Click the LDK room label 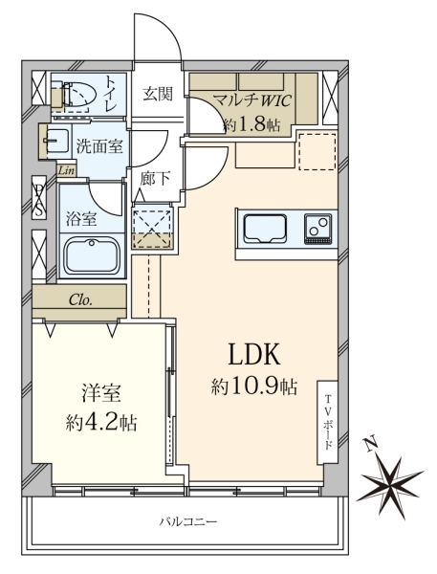[254, 354]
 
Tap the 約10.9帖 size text [253, 386]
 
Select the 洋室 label [101, 392]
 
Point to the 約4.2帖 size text [101, 423]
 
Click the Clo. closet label [80, 300]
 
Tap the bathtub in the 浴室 [93, 256]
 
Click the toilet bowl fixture [79, 95]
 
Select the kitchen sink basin [265, 229]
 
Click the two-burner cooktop [317, 229]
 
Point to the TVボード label [328, 422]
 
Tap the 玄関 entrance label [158, 94]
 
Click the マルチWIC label [251, 100]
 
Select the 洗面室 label [99, 146]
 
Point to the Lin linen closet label [66, 170]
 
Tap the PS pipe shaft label [39, 198]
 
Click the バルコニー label [187, 521]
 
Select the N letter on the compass [371, 444]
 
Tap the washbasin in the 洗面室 [56, 141]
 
